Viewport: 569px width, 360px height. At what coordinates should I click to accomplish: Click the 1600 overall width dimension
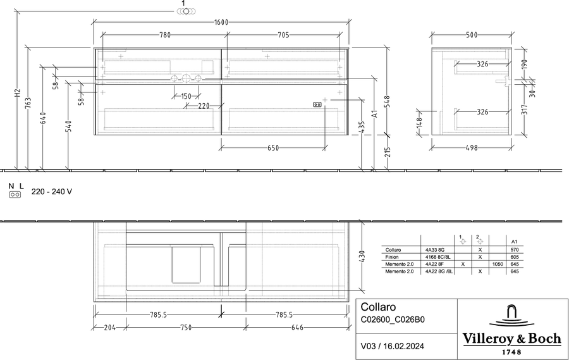point(221,22)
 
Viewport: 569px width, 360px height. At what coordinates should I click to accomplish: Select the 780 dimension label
point(165,35)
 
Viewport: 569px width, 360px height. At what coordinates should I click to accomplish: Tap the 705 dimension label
point(283,35)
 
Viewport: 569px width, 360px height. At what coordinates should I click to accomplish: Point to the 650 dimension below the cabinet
point(273,148)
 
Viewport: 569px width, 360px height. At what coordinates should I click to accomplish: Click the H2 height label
point(18,93)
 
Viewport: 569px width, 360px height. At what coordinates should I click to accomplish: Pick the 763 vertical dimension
point(28,102)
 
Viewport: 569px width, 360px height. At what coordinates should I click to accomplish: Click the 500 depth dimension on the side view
point(472,35)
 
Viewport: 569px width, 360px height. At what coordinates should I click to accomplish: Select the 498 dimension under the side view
point(472,148)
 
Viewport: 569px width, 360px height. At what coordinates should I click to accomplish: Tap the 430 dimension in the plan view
point(362,256)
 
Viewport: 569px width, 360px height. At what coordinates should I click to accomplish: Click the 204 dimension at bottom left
point(109,328)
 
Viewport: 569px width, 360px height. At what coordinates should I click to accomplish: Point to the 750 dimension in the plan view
point(186,328)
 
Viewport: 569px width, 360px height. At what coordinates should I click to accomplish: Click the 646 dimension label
point(297,328)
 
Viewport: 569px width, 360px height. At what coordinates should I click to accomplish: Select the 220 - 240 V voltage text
point(52,192)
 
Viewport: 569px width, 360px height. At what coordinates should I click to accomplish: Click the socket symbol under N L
point(15,195)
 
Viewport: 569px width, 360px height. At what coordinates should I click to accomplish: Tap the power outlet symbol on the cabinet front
point(317,104)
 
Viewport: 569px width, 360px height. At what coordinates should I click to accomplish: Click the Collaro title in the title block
point(378,307)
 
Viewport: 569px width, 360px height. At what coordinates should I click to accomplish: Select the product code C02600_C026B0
point(392,320)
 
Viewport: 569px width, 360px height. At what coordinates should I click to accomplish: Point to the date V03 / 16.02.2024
point(392,346)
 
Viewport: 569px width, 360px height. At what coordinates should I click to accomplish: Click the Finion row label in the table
point(391,257)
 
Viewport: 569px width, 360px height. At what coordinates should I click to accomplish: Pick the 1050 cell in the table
point(498,264)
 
